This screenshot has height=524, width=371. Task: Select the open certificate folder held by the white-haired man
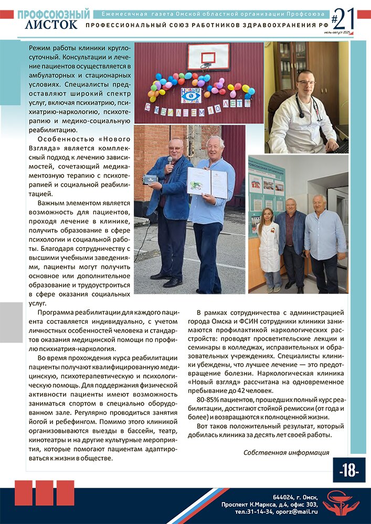point(207,183)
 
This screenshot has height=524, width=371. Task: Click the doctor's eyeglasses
point(306,82)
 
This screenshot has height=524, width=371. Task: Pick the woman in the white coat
point(269,246)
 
